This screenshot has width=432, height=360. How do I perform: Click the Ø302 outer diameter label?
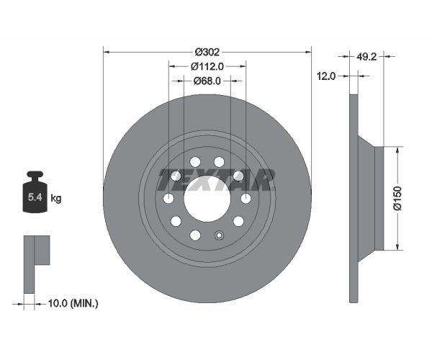[207, 52]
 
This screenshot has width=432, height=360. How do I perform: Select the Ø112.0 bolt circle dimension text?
[207, 66]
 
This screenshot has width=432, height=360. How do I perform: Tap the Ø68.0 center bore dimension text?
[207, 81]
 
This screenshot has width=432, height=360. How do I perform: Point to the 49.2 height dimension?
[366, 57]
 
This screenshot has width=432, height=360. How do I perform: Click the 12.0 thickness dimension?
[326, 76]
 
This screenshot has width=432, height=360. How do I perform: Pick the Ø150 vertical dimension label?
[398, 198]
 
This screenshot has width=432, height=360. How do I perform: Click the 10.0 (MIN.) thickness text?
[73, 304]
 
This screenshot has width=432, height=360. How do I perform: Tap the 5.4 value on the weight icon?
[35, 197]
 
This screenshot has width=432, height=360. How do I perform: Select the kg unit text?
[56, 198]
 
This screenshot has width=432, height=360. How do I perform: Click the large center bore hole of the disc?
[207, 198]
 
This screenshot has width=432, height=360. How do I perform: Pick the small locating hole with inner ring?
[219, 235]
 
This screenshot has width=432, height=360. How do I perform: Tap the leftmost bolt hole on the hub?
[168, 198]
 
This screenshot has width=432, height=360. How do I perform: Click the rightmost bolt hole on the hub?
[246, 198]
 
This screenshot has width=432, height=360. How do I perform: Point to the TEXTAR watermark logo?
[216, 180]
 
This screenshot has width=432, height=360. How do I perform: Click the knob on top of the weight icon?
[35, 174]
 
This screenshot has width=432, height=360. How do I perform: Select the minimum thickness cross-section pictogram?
[37, 264]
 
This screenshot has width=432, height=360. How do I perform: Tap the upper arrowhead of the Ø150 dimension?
[397, 150]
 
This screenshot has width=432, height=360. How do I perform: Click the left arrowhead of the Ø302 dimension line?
[107, 52]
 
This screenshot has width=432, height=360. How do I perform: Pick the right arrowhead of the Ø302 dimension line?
[308, 52]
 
